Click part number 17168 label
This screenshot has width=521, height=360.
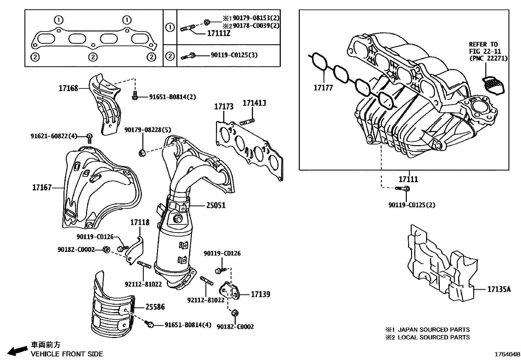[x=68, y=88]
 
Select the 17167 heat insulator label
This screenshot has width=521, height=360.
[x=42, y=188]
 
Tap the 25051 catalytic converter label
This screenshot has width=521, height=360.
[x=216, y=205]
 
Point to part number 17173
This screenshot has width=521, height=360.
[x=224, y=107]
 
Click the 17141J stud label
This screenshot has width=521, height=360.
[x=254, y=104]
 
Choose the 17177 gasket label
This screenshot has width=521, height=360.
[x=323, y=88]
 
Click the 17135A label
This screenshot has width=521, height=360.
[x=499, y=289]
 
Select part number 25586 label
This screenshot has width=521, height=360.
[x=155, y=307]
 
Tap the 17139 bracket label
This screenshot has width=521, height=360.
[x=260, y=294]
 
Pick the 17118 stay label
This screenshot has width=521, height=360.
[x=140, y=222]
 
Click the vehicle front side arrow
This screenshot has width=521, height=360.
[x=17, y=351]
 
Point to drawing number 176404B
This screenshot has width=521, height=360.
[x=507, y=354]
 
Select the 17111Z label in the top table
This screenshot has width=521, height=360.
[x=218, y=33]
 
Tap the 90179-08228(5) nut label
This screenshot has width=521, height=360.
[x=148, y=130]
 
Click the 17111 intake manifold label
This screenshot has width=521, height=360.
[x=408, y=179]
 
